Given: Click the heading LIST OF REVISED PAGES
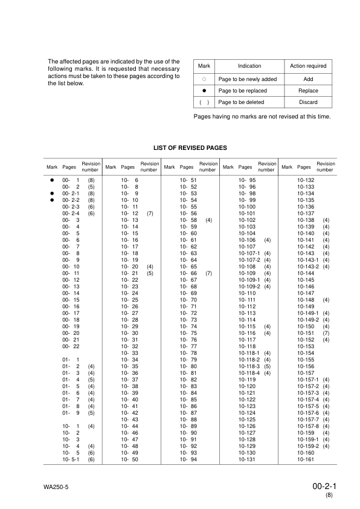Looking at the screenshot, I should [x=191, y=148].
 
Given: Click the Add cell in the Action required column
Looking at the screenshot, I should [x=308, y=79].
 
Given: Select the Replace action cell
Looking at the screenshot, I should [x=308, y=91].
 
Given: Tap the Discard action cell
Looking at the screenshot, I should [x=308, y=102].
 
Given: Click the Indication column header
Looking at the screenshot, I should [x=249, y=66].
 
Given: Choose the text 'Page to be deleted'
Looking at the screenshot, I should [x=242, y=102].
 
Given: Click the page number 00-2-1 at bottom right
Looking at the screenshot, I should [x=324, y=485].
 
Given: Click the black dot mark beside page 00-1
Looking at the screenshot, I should [x=53, y=181].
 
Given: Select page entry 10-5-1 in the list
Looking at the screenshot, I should [x=71, y=460].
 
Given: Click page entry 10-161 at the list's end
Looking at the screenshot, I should [x=306, y=460].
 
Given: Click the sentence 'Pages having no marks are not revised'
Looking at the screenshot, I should [x=262, y=116].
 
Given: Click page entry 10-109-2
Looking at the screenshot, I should [x=249, y=287].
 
